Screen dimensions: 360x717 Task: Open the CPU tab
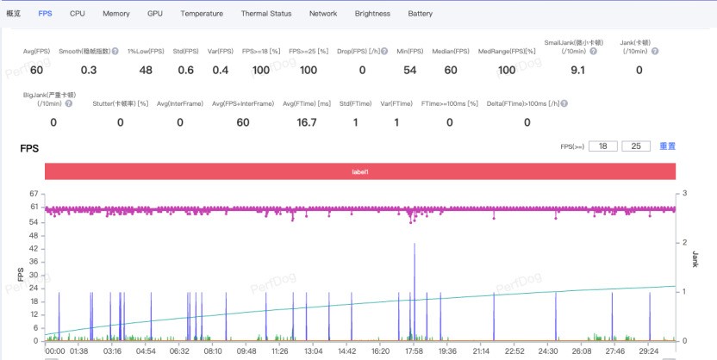pos(78,14)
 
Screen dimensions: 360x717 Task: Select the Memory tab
pos(116,14)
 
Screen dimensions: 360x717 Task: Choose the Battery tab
pos(421,14)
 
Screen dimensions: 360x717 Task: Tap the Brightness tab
pos(372,14)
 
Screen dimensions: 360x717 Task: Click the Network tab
pos(323,14)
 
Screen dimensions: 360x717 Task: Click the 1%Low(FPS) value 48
pos(146,70)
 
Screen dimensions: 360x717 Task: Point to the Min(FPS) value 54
pos(410,70)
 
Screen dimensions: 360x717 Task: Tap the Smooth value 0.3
pos(89,70)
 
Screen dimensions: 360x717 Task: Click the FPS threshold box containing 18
pos(603,147)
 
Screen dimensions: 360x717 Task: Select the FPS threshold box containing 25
pos(635,147)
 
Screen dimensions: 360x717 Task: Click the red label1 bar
pos(359,172)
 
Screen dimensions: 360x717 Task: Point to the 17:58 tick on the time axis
pos(414,351)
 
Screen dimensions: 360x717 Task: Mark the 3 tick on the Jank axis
pos(683,194)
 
